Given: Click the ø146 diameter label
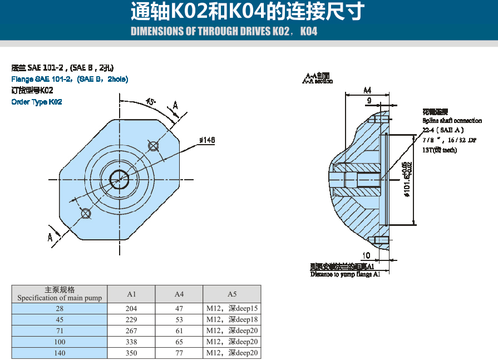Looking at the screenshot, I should [207, 140].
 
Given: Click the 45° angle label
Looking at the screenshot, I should [151, 101].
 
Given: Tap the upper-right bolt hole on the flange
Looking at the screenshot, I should [154, 146].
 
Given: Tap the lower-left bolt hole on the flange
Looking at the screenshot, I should [86, 214].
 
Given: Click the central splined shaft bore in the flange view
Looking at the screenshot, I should [120, 179].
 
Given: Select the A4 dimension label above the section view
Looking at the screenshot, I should [367, 90].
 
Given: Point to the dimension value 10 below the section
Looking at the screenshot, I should [366, 255].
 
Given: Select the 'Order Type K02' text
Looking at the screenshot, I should [37, 102].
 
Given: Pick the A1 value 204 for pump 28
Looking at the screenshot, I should [131, 309].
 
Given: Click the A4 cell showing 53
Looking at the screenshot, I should [179, 320].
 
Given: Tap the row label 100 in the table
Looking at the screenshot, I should [60, 342].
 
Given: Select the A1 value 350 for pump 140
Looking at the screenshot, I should [131, 353].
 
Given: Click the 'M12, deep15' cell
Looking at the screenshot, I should [232, 309].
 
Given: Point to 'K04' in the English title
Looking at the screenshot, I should [308, 31].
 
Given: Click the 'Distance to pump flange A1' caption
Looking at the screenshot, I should [345, 274].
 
